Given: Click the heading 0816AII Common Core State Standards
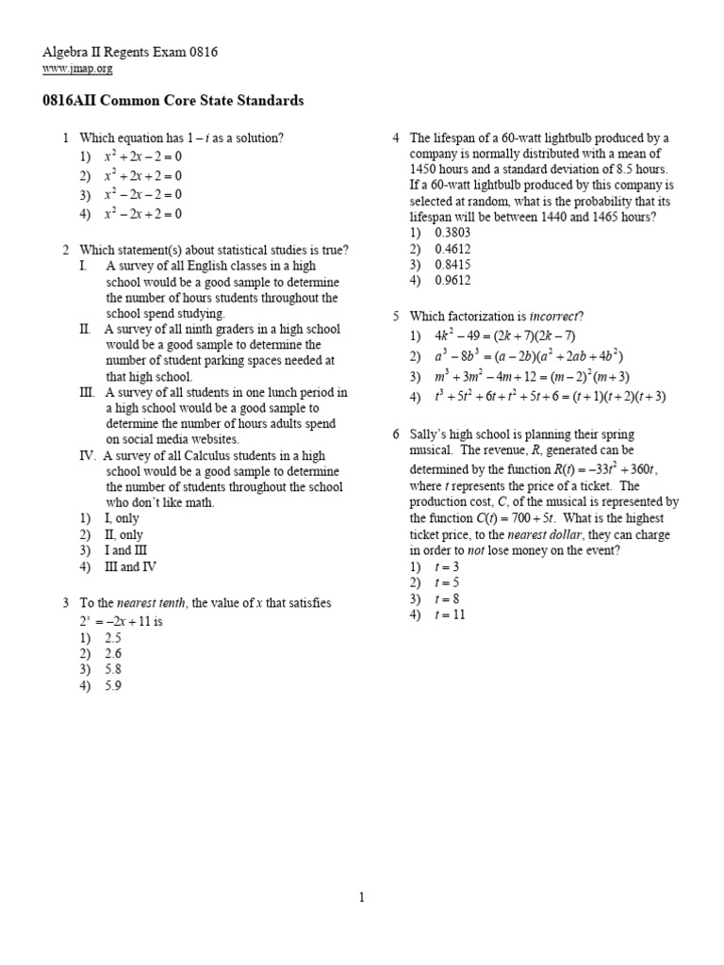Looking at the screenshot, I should click(173, 101).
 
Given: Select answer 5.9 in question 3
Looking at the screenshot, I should click(113, 685).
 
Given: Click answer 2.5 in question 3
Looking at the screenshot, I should click(113, 637).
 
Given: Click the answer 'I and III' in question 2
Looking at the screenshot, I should click(126, 550).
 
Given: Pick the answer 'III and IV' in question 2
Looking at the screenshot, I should click(130, 566).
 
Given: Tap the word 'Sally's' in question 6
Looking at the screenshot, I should click(432, 434).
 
